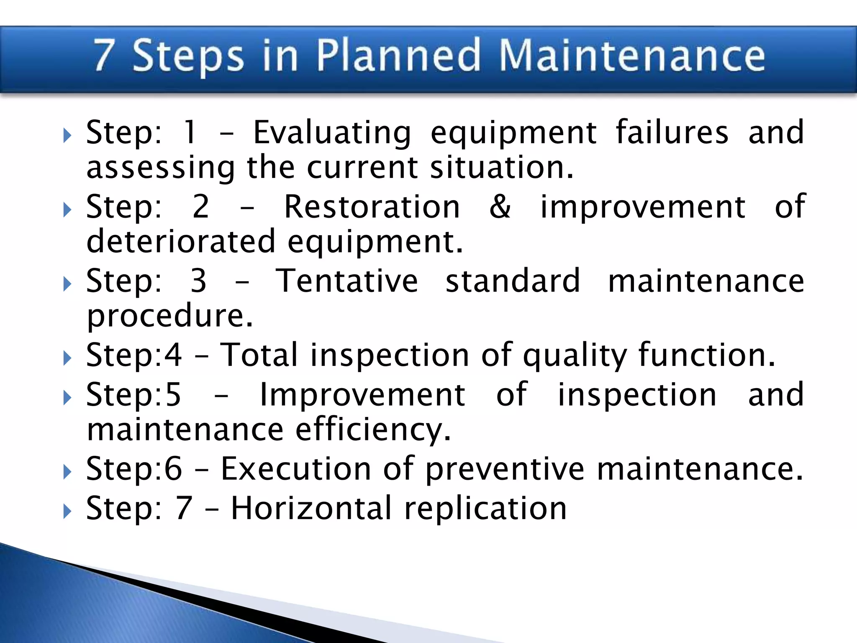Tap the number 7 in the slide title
[104, 55]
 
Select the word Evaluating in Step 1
[332, 133]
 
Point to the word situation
[502, 167]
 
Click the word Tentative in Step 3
[346, 281]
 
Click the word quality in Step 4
[575, 355]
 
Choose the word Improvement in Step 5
[362, 395]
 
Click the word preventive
[505, 469]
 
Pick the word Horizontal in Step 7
[311, 508]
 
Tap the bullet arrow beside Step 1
[67, 136]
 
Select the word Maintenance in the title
[632, 55]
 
